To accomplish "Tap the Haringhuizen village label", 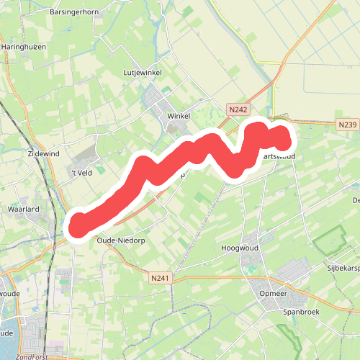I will pyautogui.click(x=27, y=46).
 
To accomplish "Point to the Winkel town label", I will pyautogui.click(x=179, y=116).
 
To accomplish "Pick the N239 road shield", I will pyautogui.click(x=347, y=125).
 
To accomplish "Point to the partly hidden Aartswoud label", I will pyautogui.click(x=278, y=156).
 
